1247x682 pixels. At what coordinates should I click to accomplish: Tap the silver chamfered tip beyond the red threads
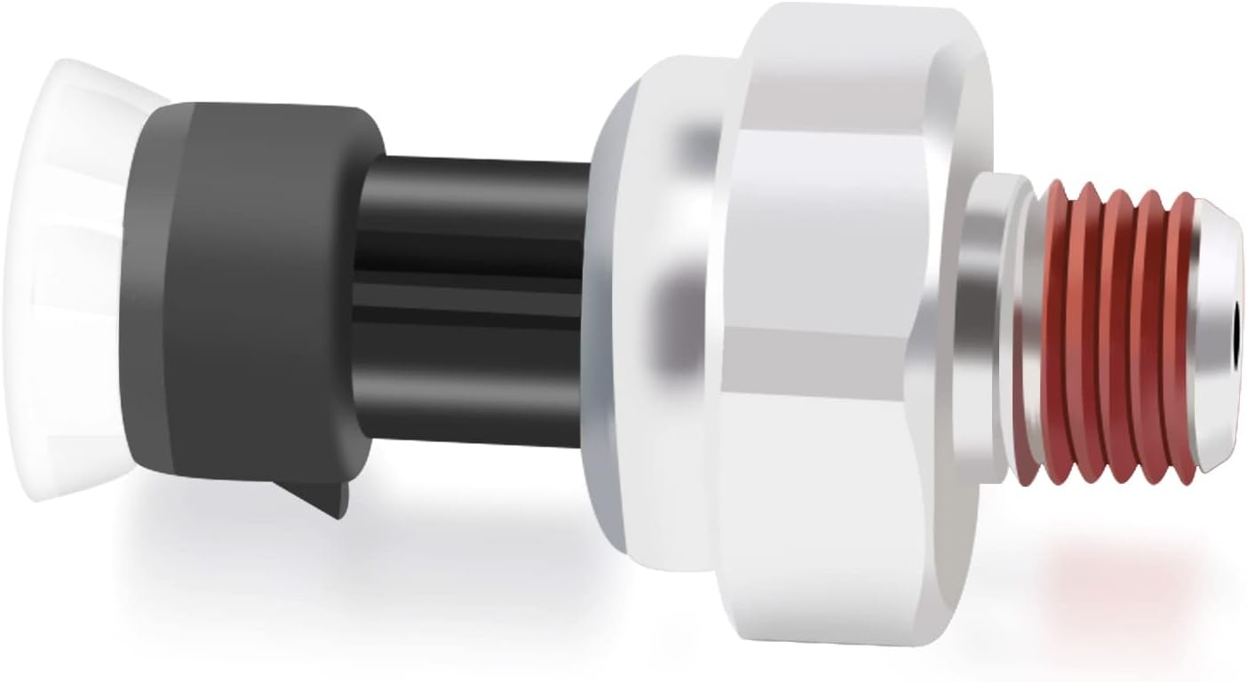click(1212, 266)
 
